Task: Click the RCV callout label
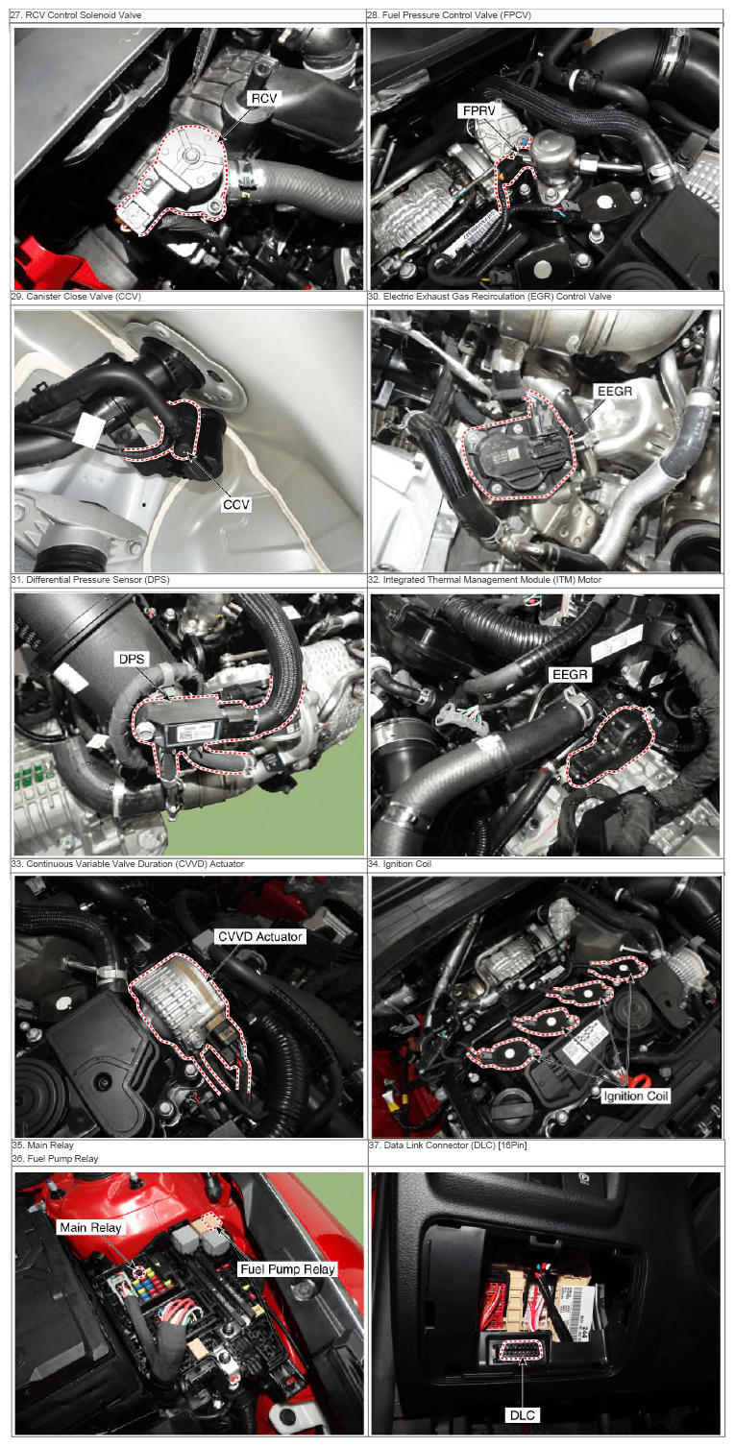[x=264, y=98]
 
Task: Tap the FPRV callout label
[x=478, y=111]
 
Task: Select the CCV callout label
[x=235, y=504]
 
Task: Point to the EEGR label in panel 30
[x=614, y=391]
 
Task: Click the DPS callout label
[x=132, y=659]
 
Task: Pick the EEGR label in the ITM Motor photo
[x=571, y=675]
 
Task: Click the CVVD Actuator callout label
[x=259, y=937]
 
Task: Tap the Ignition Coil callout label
[x=635, y=1096]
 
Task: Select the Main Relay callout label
[x=90, y=1227]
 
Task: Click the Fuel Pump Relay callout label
[x=287, y=1269]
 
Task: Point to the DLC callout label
[x=522, y=1415]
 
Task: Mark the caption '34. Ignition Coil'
[x=400, y=864]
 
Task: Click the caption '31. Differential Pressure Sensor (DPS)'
[x=90, y=580]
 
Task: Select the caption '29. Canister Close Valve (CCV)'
[x=76, y=297]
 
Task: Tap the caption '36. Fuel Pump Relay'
[x=55, y=1158]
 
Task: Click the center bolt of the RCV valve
[x=190, y=155]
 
